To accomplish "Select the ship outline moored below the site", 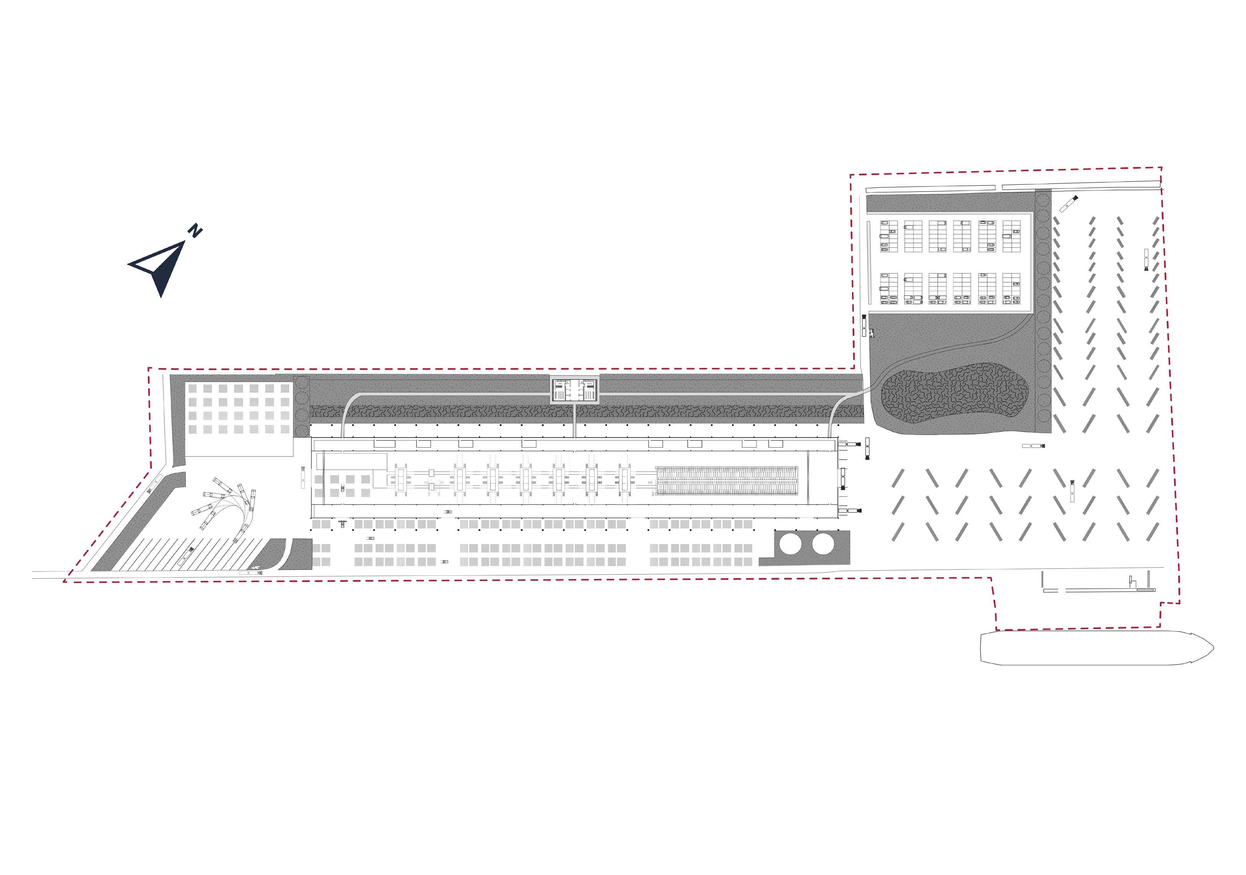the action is (x=1096, y=647).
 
